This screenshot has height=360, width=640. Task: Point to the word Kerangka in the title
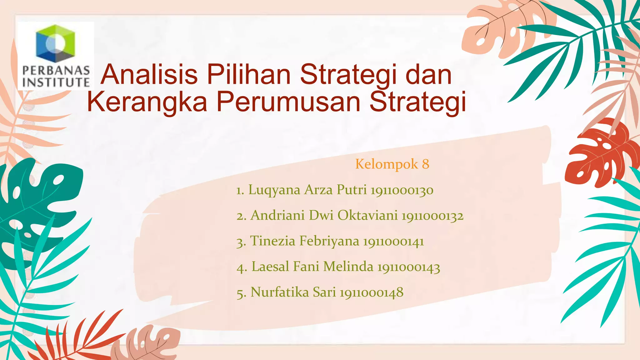pyautogui.click(x=147, y=102)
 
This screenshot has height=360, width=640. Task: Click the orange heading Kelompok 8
pyautogui.click(x=392, y=164)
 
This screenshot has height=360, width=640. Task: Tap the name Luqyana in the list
pyautogui.click(x=274, y=190)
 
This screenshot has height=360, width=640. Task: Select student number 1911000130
pyautogui.click(x=402, y=190)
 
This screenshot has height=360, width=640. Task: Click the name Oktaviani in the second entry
pyautogui.click(x=367, y=216)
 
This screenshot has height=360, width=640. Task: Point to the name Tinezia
pyautogui.click(x=272, y=241)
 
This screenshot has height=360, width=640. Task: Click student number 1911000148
pyautogui.click(x=372, y=292)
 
